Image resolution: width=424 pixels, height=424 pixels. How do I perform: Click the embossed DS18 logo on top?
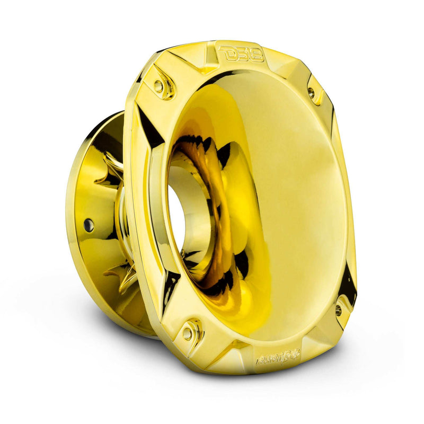(240, 53)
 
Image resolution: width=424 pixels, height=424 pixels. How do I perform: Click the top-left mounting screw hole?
(158, 85)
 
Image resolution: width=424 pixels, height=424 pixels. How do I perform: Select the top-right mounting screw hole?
(311, 93)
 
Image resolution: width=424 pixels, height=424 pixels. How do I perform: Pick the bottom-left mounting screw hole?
(187, 333)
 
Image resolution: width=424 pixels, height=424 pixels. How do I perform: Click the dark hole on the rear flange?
(89, 225)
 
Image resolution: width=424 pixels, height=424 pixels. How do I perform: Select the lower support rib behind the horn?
(119, 276)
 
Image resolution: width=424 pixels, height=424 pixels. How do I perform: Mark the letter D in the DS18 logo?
(225, 53)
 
